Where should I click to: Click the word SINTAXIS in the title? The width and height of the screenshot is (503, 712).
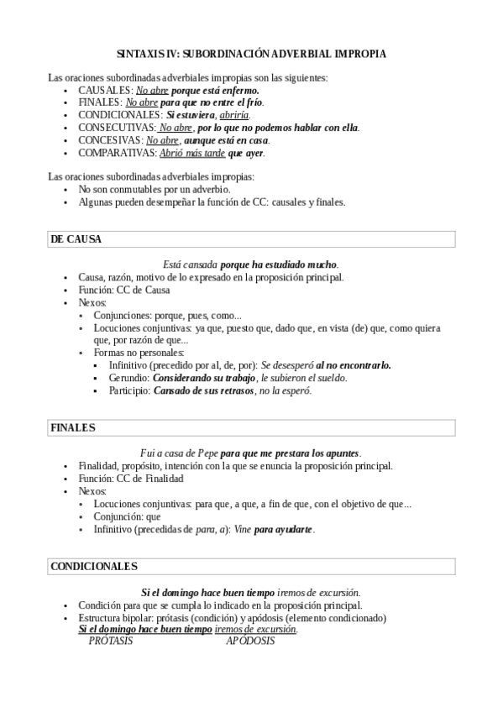tap(137, 53)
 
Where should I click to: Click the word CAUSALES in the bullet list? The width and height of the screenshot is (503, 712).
tap(104, 89)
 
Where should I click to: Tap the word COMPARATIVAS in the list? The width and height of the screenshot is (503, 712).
tap(116, 154)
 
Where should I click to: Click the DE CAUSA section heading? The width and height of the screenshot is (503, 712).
tap(77, 239)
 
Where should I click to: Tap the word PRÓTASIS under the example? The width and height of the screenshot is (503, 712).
tap(111, 641)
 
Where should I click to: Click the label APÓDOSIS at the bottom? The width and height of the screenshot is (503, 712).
tap(250, 641)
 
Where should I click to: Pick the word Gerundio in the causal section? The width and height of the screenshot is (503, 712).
tap(128, 378)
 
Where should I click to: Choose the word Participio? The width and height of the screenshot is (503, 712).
tap(130, 390)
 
